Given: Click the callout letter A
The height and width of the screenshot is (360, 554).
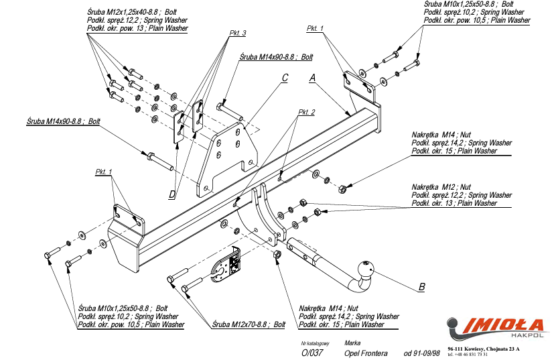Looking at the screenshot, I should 312,78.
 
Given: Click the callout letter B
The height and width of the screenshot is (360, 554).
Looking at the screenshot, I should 421,288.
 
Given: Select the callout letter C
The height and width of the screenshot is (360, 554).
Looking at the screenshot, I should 285,78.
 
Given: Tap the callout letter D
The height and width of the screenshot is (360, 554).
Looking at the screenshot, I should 172,194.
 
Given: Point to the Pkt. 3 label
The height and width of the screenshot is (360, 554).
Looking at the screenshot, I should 237,34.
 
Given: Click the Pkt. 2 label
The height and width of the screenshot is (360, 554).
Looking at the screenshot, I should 306,112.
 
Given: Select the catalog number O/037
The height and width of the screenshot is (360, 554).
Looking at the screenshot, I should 311,353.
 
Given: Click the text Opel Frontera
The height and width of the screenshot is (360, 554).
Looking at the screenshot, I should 365,353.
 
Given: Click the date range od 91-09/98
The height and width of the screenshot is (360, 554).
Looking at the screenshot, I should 422,353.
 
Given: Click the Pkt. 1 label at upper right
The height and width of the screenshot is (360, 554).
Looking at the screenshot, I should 315,28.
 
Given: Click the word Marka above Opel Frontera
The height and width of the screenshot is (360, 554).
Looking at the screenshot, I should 352,343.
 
